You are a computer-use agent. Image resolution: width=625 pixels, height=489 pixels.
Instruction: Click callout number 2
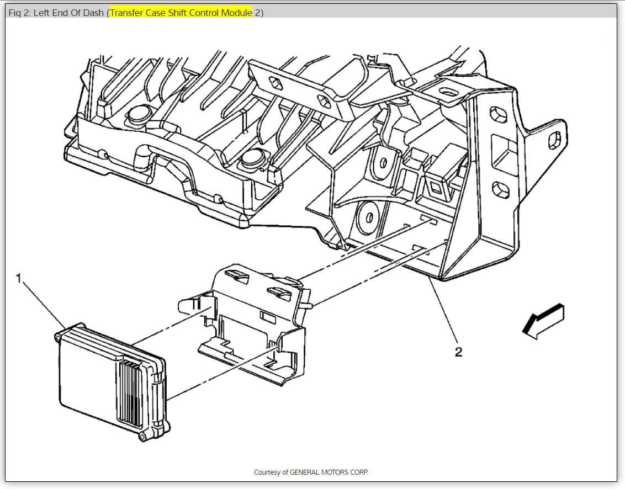[x=458, y=352]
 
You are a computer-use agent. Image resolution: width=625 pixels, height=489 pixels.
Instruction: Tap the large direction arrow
[x=543, y=321]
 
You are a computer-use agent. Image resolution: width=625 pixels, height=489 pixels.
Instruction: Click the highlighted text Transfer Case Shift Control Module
[x=181, y=13]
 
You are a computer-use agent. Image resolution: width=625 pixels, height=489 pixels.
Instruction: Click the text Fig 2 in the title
[x=19, y=13]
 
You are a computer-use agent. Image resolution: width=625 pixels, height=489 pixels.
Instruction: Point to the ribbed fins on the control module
[x=132, y=394]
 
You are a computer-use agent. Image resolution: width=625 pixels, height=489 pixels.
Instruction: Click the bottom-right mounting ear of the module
[x=142, y=437]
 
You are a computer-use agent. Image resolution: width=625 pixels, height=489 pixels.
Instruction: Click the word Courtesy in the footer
[x=268, y=472]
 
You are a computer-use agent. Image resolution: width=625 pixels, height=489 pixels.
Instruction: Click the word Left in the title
[x=42, y=13]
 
